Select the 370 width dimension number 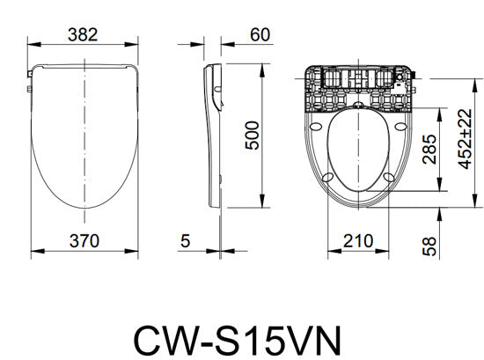click(x=84, y=239)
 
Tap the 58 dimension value click(x=429, y=246)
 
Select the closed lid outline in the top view click(x=84, y=132)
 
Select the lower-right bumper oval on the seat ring click(x=388, y=179)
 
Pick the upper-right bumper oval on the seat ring click(x=401, y=123)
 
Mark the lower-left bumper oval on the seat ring click(x=326, y=179)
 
